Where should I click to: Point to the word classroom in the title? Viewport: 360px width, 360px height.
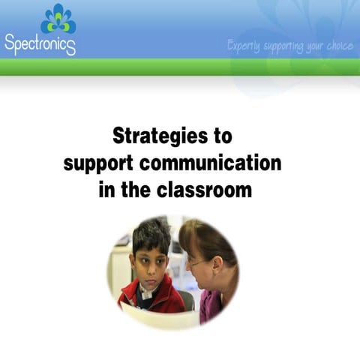[x=204, y=189]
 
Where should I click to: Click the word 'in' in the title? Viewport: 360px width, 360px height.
[x=106, y=189]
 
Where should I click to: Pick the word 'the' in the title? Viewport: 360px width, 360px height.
[x=136, y=189]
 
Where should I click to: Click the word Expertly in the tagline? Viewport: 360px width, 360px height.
[x=243, y=46]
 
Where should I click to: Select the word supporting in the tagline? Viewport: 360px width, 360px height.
[x=283, y=46]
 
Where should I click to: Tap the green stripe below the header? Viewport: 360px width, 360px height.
[x=180, y=67]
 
